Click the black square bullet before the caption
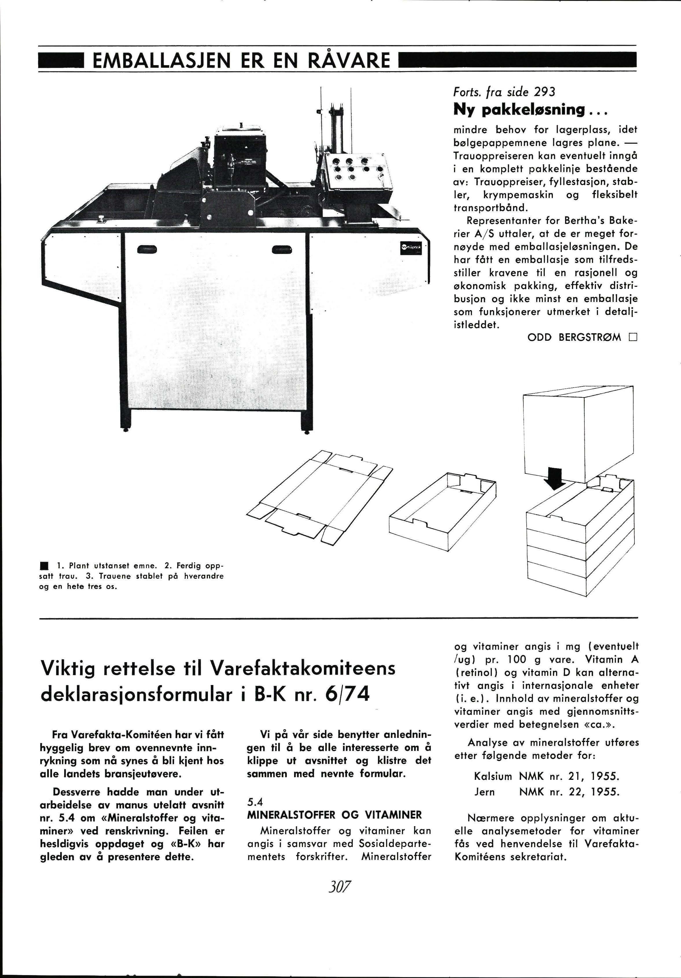(43, 567)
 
